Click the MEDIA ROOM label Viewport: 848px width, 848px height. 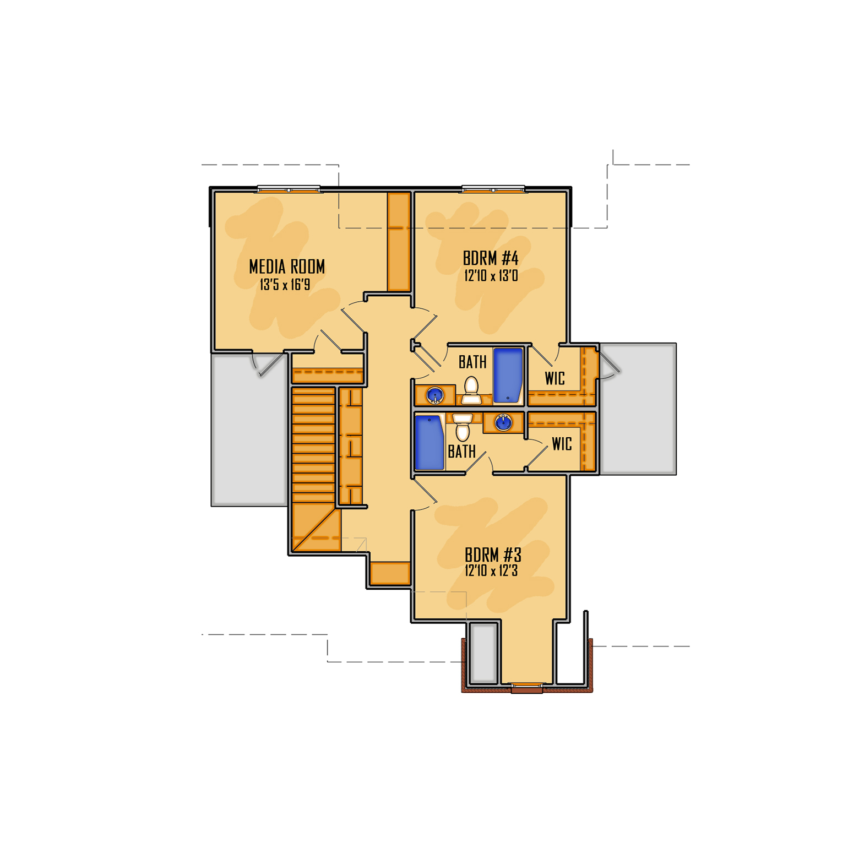pos(287,267)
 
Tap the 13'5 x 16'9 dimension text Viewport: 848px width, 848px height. pos(285,285)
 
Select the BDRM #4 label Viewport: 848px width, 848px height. pos(490,258)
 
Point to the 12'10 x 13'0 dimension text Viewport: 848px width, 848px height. pos(491,276)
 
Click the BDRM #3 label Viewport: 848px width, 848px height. pos(493,555)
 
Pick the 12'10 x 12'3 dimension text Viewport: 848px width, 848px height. pos(491,571)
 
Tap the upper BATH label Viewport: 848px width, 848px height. pos(472,362)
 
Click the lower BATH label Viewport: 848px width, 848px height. pos(461,452)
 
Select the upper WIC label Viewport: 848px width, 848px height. pos(555,379)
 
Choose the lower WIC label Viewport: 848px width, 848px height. pos(562,444)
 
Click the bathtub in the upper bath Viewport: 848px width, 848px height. pos(508,375)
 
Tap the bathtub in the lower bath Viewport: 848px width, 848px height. pos(429,443)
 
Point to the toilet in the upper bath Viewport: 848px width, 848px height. pos(471,389)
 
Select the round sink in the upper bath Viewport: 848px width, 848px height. pos(435,395)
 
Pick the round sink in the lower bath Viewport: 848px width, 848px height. pos(503,422)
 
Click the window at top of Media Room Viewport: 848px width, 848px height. pos(289,190)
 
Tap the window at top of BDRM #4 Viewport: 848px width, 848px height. pos(493,190)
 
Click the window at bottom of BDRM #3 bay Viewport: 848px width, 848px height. pos(527,686)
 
